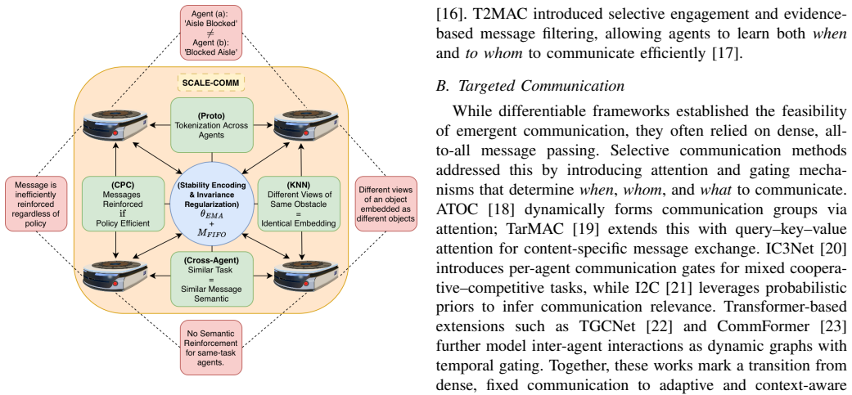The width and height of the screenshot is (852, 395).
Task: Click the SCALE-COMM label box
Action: point(211,83)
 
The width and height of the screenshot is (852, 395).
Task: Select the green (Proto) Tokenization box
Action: point(211,125)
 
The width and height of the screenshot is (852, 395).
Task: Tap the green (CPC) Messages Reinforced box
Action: point(115,202)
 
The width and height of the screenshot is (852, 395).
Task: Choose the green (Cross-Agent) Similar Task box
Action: point(211,278)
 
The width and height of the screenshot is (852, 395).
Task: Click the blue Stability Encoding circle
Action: point(211,202)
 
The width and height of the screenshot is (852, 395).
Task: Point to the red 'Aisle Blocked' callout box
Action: point(212,33)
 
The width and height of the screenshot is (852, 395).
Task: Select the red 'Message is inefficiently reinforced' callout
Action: point(34,203)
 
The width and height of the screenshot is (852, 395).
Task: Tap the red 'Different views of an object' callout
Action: point(385,203)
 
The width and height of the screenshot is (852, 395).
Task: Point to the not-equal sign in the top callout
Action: point(212,33)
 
